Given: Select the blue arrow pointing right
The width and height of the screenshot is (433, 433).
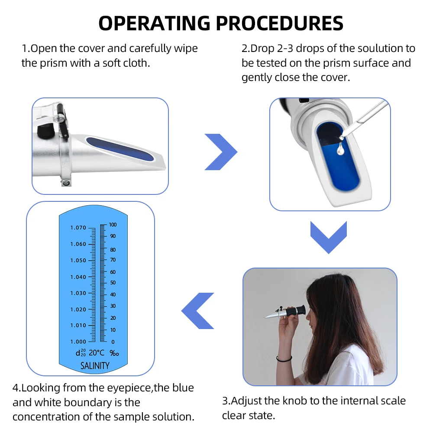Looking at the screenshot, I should pyautogui.click(x=221, y=152).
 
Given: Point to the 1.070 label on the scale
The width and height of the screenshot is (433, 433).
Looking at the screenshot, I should pyautogui.click(x=78, y=228).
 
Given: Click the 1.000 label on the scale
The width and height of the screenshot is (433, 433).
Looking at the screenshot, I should pyautogui.click(x=78, y=342).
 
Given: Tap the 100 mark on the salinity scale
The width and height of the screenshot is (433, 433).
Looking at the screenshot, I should pyautogui.click(x=113, y=225).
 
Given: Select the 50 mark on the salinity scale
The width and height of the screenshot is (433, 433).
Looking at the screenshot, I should pyautogui.click(x=113, y=283).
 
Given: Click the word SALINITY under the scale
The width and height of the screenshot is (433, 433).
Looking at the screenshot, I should pyautogui.click(x=95, y=366).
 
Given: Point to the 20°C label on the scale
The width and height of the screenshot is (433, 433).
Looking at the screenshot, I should pyautogui.click(x=96, y=353).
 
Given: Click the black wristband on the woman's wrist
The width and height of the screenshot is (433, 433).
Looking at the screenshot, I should pyautogui.click(x=284, y=359).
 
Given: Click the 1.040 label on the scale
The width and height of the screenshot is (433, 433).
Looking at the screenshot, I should pyautogui.click(x=78, y=277).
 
